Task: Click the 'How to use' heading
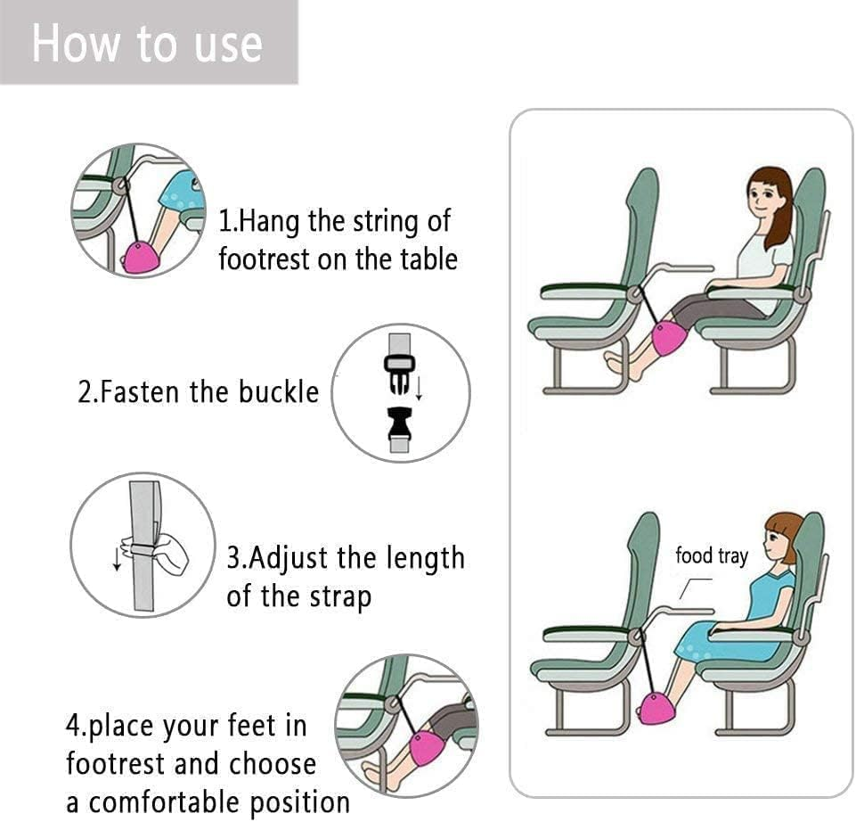click(x=147, y=43)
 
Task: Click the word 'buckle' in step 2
click(x=277, y=392)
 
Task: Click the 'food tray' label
click(x=711, y=556)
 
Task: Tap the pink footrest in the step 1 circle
click(x=140, y=256)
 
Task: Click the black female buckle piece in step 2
click(x=400, y=429)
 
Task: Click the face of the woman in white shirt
click(x=763, y=195)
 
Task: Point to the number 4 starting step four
click(x=74, y=725)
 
